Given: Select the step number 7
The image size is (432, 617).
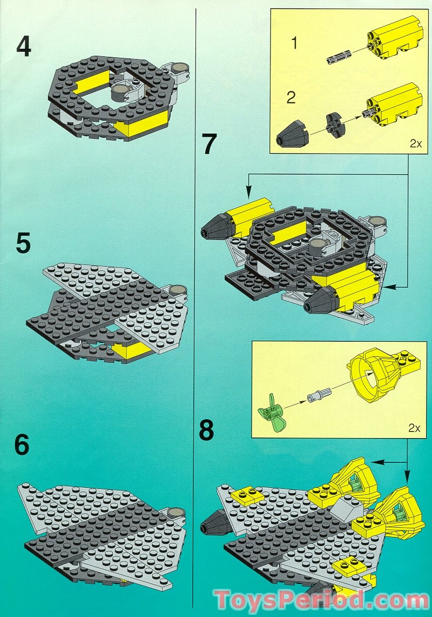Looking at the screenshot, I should (210, 144).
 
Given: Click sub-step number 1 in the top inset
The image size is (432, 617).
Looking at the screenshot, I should (294, 43).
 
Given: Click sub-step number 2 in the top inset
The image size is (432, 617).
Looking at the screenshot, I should (292, 98).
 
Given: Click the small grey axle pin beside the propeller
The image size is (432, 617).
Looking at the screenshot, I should (315, 397).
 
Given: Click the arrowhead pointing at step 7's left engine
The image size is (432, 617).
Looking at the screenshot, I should (248, 192).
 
